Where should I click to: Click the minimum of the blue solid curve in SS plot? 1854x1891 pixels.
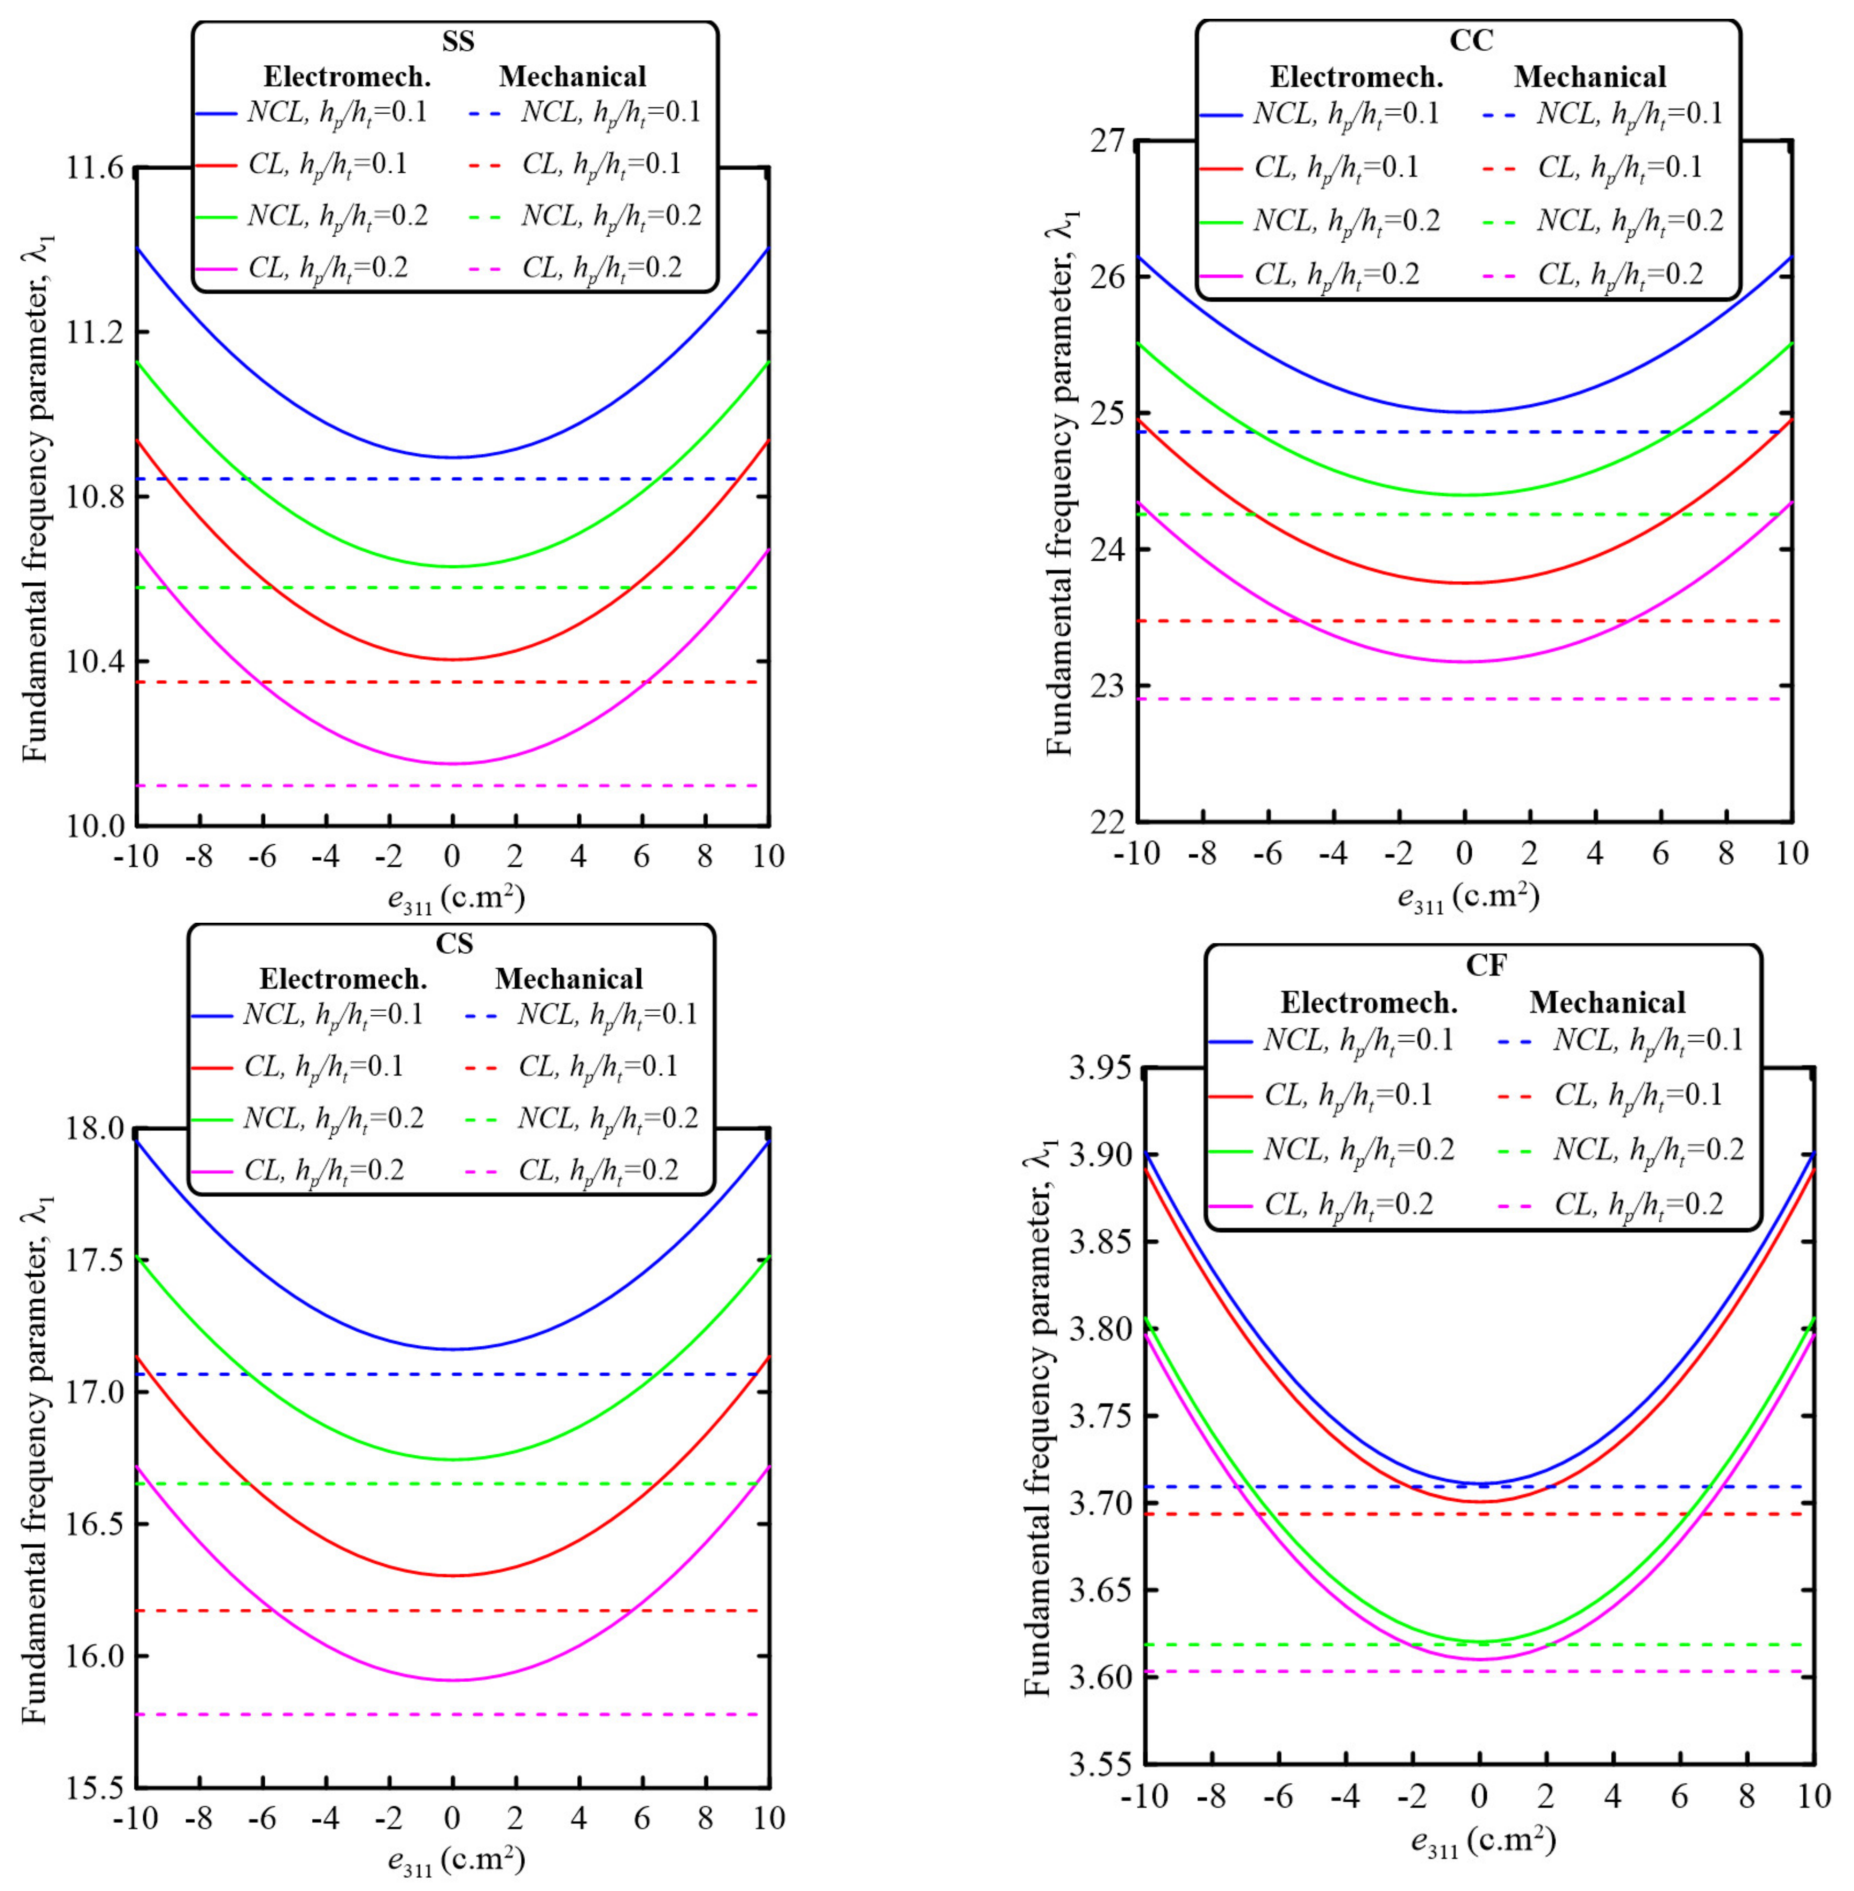point(453,457)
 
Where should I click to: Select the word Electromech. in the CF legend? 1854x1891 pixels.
point(1368,1002)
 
